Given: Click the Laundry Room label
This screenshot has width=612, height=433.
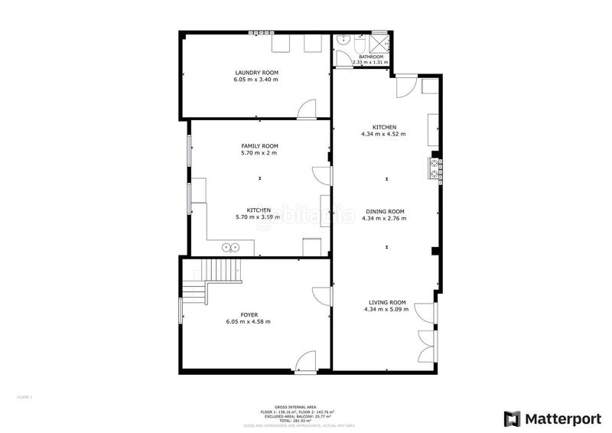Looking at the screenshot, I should click(256, 73).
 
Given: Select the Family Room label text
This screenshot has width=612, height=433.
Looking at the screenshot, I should click(259, 145).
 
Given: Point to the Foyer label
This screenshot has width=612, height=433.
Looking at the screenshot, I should click(249, 314).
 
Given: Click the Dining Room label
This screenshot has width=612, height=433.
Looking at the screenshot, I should click(384, 211).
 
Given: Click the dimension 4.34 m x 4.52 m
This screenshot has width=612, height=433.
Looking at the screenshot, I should click(384, 134).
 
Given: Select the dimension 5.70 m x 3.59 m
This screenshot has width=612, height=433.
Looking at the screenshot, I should click(259, 216).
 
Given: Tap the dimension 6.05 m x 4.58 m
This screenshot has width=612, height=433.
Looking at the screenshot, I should click(249, 321).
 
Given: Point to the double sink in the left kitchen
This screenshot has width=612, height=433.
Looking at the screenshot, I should click(230, 246).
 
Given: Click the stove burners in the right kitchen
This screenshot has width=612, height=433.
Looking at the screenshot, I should click(435, 168).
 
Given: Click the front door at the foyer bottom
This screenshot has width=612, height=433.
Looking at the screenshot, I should click(305, 361).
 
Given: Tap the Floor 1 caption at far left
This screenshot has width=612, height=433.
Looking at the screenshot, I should click(24, 397).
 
